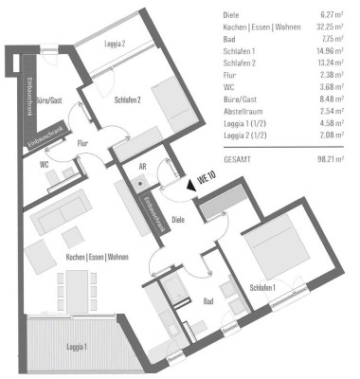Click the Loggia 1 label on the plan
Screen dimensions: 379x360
pos(75,347)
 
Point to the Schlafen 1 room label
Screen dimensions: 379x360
pos(263,287)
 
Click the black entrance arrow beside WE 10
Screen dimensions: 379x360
pos(192,187)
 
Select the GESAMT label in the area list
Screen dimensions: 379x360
pos(239,160)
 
